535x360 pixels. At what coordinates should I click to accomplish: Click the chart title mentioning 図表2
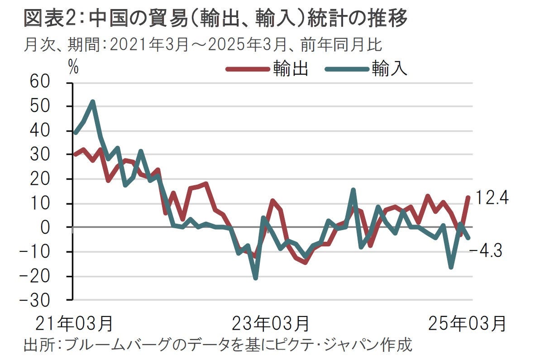click(215, 19)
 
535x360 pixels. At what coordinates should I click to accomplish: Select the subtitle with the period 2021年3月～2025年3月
click(204, 45)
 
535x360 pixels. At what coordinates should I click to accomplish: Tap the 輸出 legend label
click(291, 69)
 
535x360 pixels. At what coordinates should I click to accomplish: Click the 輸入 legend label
click(390, 69)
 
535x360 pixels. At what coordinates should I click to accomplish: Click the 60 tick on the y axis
click(51, 83)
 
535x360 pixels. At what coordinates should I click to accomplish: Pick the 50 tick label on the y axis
click(51, 107)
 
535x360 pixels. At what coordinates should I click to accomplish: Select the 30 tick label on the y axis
click(51, 155)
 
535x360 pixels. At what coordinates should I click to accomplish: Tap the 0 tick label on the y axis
click(57, 227)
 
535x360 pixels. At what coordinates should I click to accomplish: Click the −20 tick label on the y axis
click(46, 276)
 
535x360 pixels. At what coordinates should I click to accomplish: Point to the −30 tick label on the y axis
click(46, 300)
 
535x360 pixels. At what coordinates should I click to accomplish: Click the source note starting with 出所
click(218, 345)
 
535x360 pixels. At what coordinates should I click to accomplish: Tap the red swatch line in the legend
click(248, 69)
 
